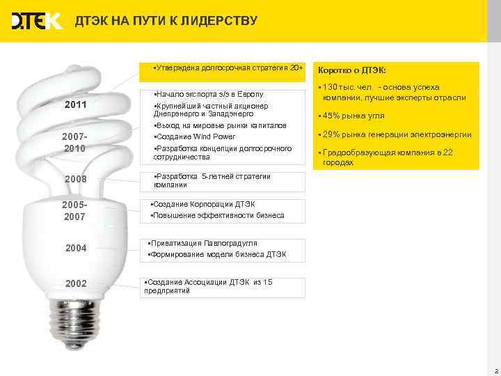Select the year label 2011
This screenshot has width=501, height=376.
(75, 105)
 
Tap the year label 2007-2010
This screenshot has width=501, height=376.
(75, 143)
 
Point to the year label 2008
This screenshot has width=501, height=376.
(75, 180)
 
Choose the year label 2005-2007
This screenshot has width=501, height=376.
(75, 211)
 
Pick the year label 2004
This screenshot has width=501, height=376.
(75, 248)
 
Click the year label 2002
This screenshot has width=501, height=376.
(75, 284)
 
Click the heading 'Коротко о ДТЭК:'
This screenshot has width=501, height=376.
(351, 70)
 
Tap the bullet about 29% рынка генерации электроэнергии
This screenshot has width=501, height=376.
(397, 134)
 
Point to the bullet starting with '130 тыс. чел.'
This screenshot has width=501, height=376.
(393, 92)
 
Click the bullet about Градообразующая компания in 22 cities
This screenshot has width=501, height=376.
(390, 157)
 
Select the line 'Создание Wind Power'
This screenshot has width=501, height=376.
(195, 136)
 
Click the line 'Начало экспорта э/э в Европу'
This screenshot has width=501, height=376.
(209, 94)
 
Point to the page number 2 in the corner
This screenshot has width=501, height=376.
(495, 370)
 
